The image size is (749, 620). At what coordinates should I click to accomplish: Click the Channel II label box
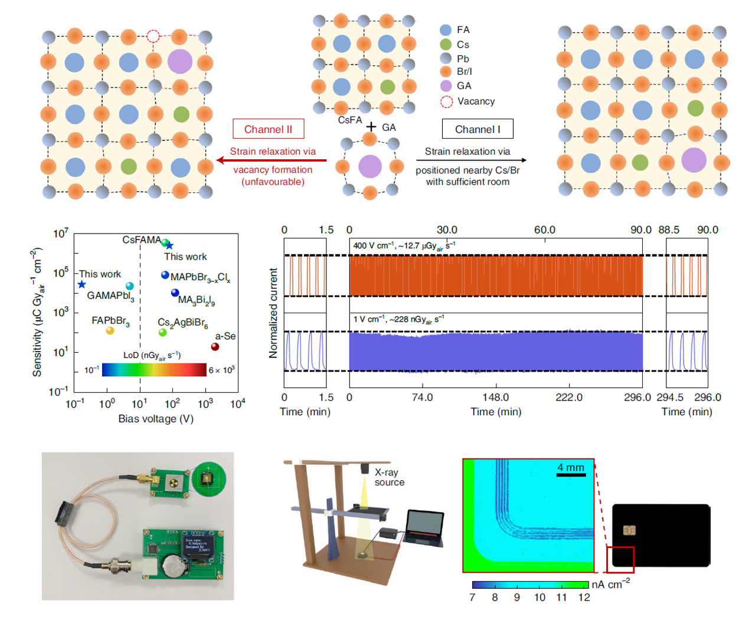pyautogui.click(x=269, y=129)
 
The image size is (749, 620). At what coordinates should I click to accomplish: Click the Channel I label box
pyautogui.click(x=477, y=129)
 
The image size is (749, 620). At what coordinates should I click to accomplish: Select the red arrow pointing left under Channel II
pyautogui.click(x=271, y=160)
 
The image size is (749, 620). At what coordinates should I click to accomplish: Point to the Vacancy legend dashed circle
pyautogui.click(x=446, y=101)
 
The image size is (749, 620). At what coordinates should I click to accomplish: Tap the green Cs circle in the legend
pyautogui.click(x=446, y=45)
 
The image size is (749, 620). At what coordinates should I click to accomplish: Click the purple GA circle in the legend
pyautogui.click(x=446, y=86)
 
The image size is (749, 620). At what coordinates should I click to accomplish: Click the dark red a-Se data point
pyautogui.click(x=215, y=347)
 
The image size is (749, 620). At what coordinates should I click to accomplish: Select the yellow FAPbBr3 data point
pyautogui.click(x=110, y=331)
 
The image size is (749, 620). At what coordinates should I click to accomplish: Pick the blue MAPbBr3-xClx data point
pyautogui.click(x=165, y=275)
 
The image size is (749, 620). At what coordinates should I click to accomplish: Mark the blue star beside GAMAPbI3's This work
pyautogui.click(x=81, y=284)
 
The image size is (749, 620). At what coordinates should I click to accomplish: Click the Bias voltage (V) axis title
pyautogui.click(x=156, y=419)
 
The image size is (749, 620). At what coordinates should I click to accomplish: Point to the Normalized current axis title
pyautogui.click(x=273, y=313)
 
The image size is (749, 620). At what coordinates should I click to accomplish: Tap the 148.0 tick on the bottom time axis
pyautogui.click(x=496, y=398)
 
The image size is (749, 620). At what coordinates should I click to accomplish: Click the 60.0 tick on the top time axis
pyautogui.click(x=545, y=230)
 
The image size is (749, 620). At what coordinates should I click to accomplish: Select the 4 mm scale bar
pyautogui.click(x=570, y=474)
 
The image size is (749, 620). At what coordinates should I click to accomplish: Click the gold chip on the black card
pyautogui.click(x=629, y=530)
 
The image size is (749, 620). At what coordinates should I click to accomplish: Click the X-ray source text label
pyautogui.click(x=389, y=477)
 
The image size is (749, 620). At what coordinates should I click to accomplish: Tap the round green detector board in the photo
pyautogui.click(x=208, y=480)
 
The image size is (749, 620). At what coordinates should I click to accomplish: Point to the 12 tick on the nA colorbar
pyautogui.click(x=584, y=598)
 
